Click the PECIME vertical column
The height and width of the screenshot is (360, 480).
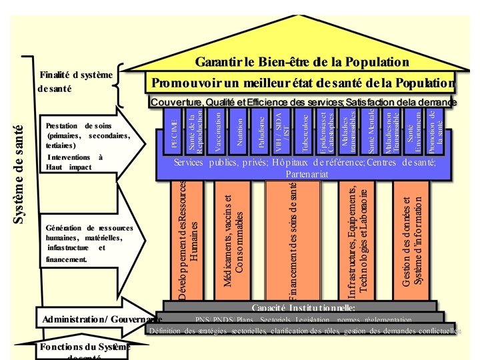pos(175,132)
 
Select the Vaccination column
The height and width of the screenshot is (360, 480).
pos(217,132)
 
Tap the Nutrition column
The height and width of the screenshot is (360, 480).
pos(239,132)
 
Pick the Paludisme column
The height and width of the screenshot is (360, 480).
pos(261,132)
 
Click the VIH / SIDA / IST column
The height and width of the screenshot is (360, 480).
pos(283,132)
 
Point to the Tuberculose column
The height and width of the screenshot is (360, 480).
pos(305,132)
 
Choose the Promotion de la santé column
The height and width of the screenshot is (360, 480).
pos(433,132)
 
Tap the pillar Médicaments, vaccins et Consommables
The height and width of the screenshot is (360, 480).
pos(234,241)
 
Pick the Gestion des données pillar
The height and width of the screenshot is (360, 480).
pos(413,241)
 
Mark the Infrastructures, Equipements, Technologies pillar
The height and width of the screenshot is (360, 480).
pos(357,241)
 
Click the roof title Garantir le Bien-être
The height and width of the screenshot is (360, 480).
pos(301,62)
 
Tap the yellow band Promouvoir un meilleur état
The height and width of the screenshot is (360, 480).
pos(302,83)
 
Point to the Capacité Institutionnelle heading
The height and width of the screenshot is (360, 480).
pos(303,307)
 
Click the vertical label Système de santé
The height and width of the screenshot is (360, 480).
pos(19,173)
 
